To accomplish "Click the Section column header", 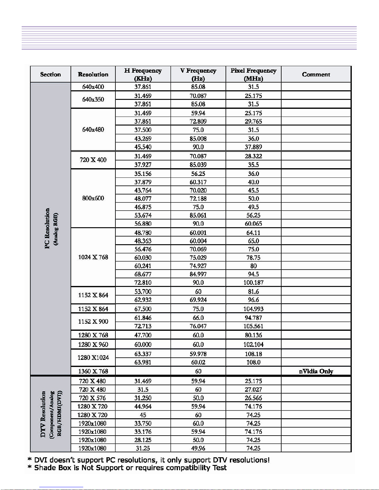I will [x=50, y=75].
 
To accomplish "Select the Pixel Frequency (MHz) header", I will [x=253, y=74].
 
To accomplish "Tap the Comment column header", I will [x=316, y=75].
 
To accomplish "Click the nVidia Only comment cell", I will [x=316, y=371].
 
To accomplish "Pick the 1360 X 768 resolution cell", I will [x=93, y=371].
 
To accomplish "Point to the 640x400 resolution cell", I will [x=93, y=87].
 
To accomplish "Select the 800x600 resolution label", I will [x=93, y=198].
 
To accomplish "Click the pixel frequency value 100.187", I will [x=253, y=283].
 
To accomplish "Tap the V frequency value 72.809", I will [x=198, y=121].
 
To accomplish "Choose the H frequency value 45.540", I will [x=143, y=147].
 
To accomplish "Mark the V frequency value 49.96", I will [x=198, y=448].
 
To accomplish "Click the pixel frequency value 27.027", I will [x=253, y=390].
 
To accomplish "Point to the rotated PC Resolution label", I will [x=47, y=228].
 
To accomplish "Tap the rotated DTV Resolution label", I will [x=43, y=414].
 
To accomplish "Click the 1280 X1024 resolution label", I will [x=93, y=358].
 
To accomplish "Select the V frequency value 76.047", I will [x=198, y=326].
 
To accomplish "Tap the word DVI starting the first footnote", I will [x=41, y=460].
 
